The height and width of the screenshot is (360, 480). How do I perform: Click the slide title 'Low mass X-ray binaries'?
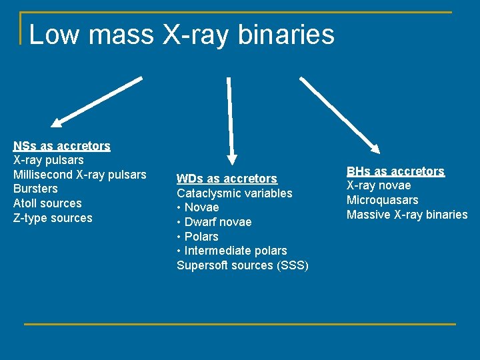(181, 35)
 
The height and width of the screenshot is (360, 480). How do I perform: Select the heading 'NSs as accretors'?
(62, 145)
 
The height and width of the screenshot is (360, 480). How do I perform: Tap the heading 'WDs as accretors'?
(227, 179)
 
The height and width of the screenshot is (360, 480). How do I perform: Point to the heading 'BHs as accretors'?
(395, 171)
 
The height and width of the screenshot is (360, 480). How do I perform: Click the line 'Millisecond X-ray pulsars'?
(79, 175)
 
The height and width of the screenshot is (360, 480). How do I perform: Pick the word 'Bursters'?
(35, 189)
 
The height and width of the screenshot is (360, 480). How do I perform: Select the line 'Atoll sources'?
(47, 203)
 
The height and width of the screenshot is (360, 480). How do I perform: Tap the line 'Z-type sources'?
(53, 218)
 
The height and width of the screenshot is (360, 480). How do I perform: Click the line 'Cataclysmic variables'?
(234, 193)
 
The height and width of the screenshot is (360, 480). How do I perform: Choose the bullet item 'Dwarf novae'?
(217, 222)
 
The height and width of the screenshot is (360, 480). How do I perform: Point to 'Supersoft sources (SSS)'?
(243, 265)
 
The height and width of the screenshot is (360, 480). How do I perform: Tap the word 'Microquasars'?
(383, 200)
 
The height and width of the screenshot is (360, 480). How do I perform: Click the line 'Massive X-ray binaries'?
(407, 215)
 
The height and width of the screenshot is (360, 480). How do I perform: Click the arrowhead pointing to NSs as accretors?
(58, 123)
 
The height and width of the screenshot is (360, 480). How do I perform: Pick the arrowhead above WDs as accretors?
(232, 158)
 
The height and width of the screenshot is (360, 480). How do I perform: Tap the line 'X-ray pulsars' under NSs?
(49, 160)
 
